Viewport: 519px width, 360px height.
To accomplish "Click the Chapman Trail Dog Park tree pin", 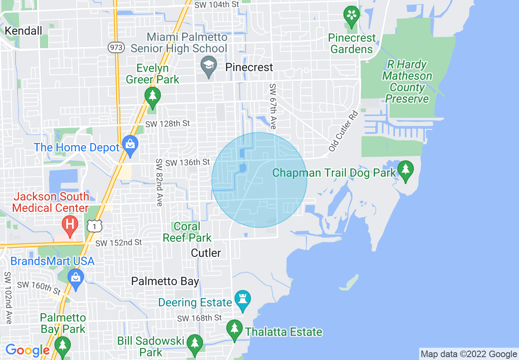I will tap(405, 171).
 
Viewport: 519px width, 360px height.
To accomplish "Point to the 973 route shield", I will tap(116, 47).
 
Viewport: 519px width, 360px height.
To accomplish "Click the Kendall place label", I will tap(23, 31).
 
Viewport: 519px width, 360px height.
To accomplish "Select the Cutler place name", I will tap(206, 253).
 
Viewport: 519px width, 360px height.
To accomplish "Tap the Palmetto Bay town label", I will tap(165, 281).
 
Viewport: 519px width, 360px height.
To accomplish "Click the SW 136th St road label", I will tap(187, 163).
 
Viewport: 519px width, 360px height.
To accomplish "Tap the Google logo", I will tap(27, 350).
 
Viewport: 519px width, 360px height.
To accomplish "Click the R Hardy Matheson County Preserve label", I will tap(407, 81).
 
